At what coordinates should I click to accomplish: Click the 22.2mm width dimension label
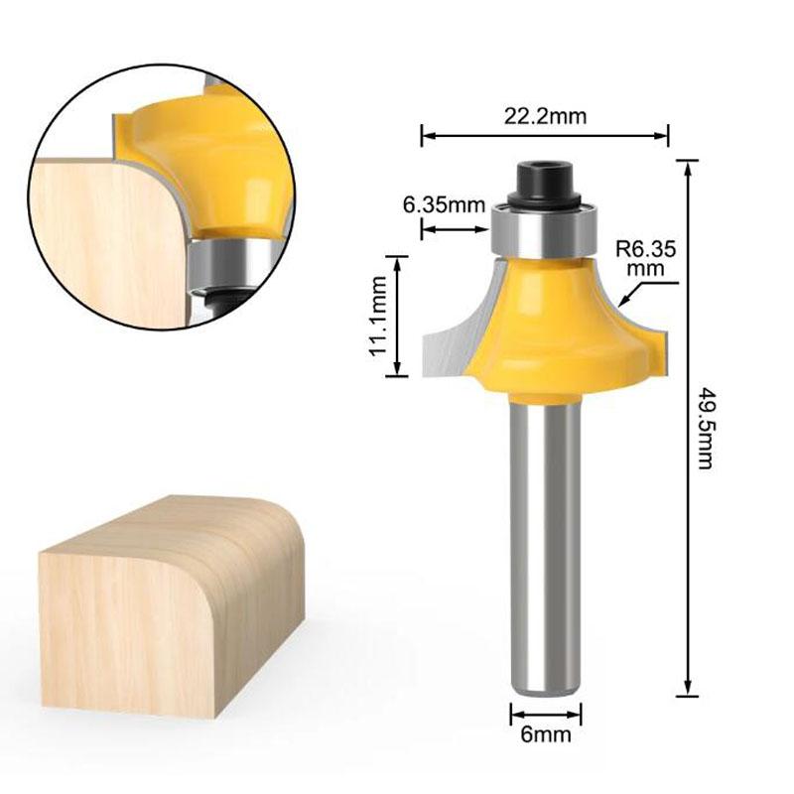(x=544, y=116)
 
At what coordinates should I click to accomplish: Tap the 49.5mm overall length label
(x=706, y=427)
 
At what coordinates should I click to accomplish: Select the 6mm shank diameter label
(x=545, y=735)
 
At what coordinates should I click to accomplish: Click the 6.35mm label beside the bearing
(x=444, y=206)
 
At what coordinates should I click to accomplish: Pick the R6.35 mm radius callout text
(x=645, y=257)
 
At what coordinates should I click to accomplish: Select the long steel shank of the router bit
(x=545, y=546)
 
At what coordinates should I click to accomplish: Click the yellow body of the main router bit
(x=544, y=328)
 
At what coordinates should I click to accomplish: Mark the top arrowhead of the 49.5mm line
(x=687, y=165)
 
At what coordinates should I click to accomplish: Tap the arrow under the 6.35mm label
(x=457, y=230)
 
